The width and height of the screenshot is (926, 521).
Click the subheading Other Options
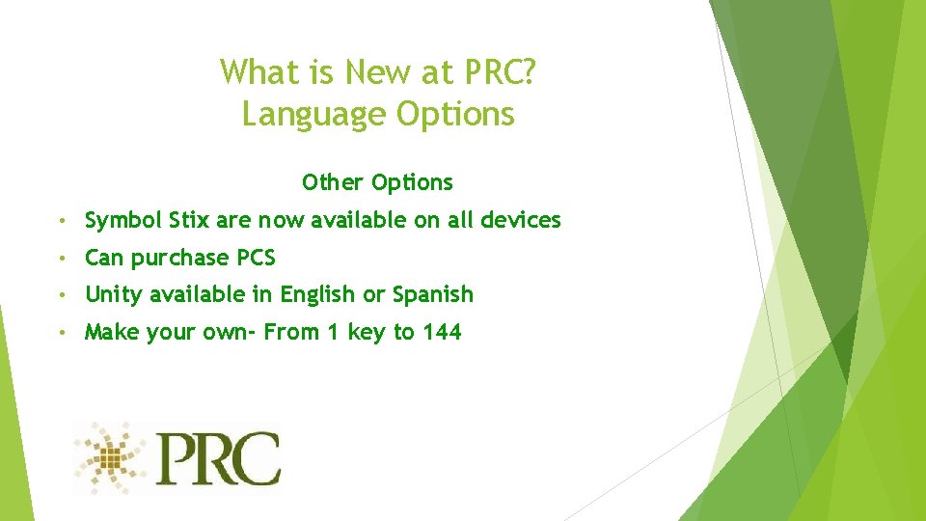tap(377, 182)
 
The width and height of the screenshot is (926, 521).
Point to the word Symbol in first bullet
tap(123, 221)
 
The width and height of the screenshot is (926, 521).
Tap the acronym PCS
tap(257, 258)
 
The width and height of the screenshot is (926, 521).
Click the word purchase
tap(180, 259)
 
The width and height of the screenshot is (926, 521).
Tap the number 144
tap(441, 332)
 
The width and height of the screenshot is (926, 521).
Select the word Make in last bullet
tap(109, 332)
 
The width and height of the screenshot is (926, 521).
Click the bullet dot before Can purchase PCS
tap(61, 259)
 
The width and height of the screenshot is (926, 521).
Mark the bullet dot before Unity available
tap(61, 295)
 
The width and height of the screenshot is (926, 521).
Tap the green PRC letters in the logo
tap(219, 459)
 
